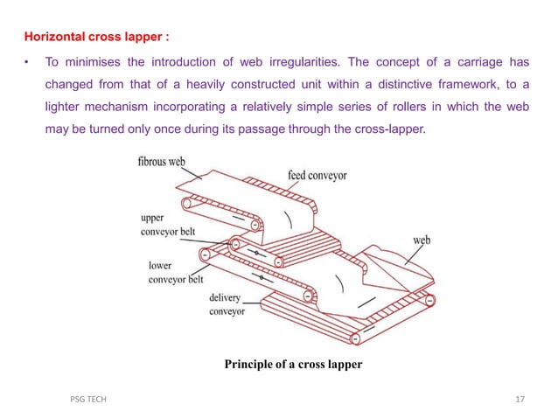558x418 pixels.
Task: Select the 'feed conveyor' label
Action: point(317,176)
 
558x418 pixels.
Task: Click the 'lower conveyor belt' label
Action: point(172,272)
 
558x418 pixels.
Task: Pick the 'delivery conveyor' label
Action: point(227,304)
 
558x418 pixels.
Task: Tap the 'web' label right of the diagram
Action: point(421,240)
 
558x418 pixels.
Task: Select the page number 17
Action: point(520,400)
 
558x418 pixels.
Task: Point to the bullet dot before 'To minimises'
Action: point(28,62)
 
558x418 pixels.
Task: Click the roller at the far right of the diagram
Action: point(429,300)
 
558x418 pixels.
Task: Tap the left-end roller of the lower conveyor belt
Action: point(204,255)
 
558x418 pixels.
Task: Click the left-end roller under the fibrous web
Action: point(185,205)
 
